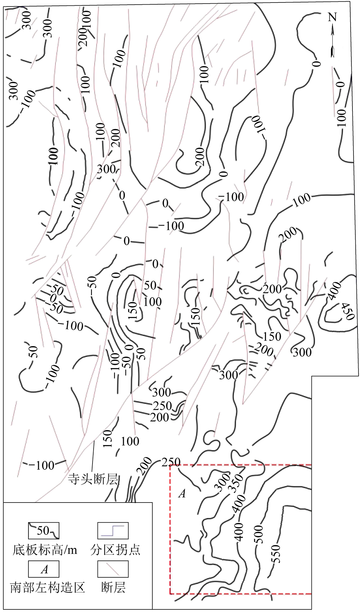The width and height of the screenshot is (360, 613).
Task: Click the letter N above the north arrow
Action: [x=332, y=18]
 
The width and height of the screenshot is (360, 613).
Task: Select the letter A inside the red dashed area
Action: [x=182, y=494]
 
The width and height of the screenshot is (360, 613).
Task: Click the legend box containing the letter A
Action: [x=44, y=569]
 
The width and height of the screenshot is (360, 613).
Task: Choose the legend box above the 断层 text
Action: [x=113, y=569]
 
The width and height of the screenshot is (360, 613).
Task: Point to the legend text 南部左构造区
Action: [x=48, y=587]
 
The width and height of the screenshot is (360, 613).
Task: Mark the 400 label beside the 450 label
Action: [x=334, y=291]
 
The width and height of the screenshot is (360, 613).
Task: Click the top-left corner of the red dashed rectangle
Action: [x=170, y=465]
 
